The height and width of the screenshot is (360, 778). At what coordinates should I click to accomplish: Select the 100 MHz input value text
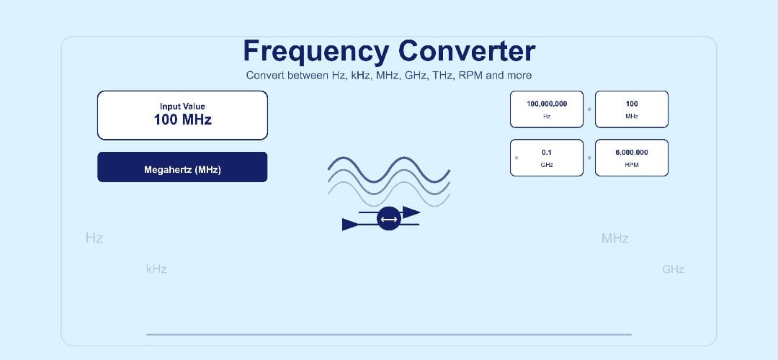click(x=182, y=120)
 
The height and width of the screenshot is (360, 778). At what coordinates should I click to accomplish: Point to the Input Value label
click(x=182, y=107)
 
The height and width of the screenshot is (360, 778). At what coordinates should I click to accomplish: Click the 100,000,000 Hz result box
click(x=547, y=109)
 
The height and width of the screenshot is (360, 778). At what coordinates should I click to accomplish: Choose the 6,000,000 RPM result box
click(x=632, y=157)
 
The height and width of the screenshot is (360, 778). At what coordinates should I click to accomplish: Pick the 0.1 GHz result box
click(x=547, y=157)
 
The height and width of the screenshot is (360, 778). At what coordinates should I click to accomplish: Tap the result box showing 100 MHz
click(x=632, y=109)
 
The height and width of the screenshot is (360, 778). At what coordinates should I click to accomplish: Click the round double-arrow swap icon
click(x=389, y=219)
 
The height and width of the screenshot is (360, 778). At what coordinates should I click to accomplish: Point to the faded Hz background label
click(x=94, y=238)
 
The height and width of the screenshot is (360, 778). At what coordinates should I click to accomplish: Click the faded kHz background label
click(x=156, y=269)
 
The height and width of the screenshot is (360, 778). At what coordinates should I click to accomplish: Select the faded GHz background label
click(x=673, y=269)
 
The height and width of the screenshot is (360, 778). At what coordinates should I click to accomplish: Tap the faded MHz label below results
click(x=615, y=238)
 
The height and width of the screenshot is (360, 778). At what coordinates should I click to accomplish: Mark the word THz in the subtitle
click(x=442, y=76)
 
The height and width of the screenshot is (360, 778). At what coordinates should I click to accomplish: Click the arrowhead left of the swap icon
click(x=351, y=225)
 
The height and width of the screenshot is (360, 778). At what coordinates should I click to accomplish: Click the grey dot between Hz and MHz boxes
click(x=589, y=109)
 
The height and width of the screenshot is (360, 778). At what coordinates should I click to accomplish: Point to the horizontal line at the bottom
click(x=389, y=334)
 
